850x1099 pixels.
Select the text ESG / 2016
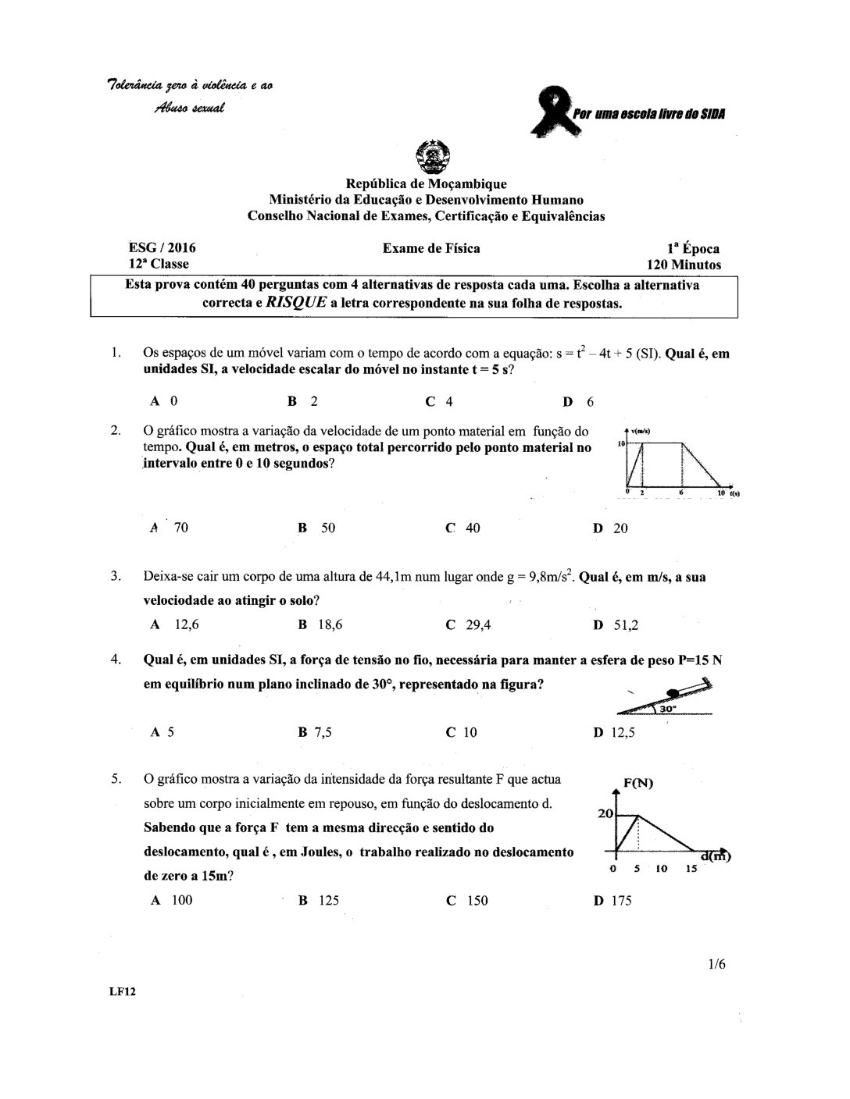[x=162, y=248]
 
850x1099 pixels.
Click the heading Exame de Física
[x=431, y=248]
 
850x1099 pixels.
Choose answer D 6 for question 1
[x=578, y=402]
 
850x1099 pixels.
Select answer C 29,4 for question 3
[x=468, y=624]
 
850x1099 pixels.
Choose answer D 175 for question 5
[x=612, y=900]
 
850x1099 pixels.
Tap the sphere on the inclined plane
[x=673, y=692]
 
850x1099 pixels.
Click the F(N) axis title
[x=638, y=784]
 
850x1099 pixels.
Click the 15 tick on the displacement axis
[x=691, y=868]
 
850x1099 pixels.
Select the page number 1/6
[x=717, y=964]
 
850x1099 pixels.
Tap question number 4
[x=116, y=660]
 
